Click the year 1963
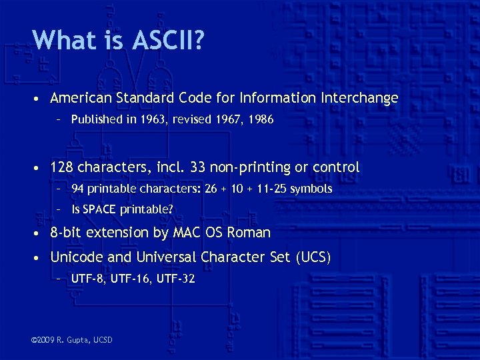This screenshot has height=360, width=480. click(144, 121)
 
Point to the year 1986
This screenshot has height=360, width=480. click(261, 121)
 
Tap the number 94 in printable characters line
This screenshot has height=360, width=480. click(78, 189)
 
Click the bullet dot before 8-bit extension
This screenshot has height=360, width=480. click(40, 233)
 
